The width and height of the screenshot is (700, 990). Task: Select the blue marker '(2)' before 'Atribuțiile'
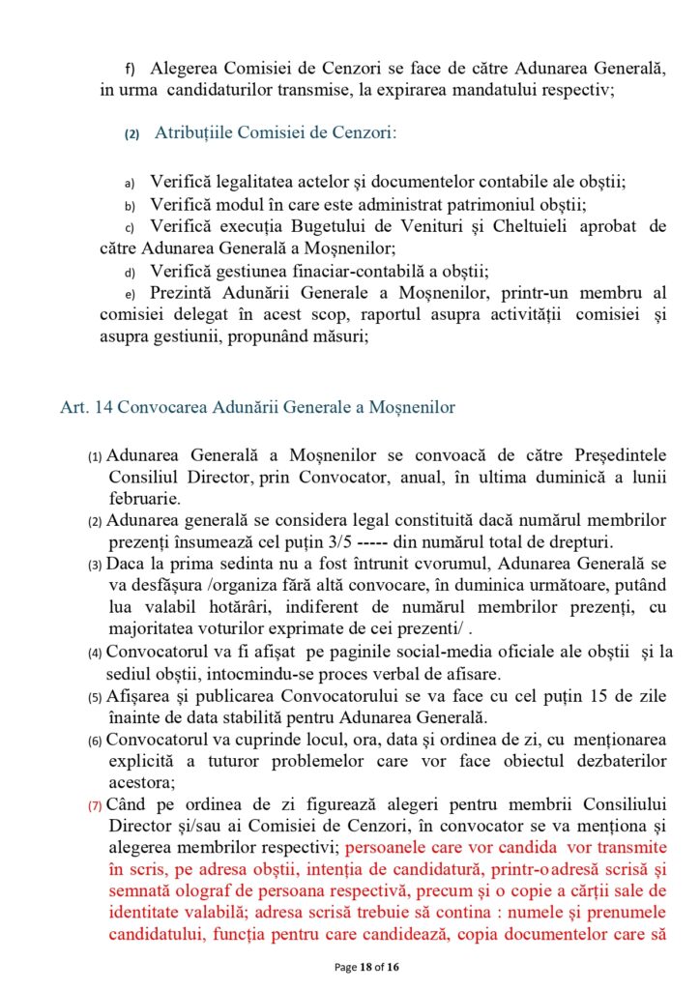(132, 134)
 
